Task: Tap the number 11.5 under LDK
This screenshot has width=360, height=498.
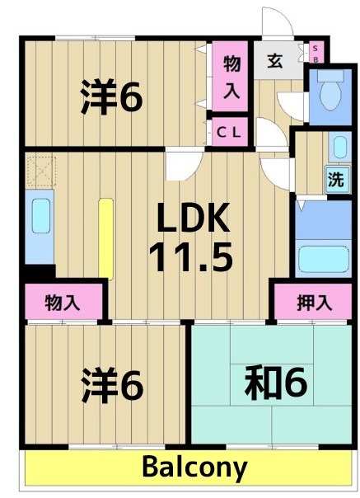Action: pyautogui.click(x=191, y=257)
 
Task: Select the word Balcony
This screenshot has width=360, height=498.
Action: pyautogui.click(x=194, y=467)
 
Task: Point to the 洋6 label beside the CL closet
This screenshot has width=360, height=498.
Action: pyautogui.click(x=112, y=97)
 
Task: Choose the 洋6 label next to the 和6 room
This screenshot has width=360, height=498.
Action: pyautogui.click(x=112, y=384)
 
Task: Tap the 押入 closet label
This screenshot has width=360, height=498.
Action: pyautogui.click(x=313, y=303)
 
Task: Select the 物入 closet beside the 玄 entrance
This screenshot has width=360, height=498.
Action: pyautogui.click(x=231, y=78)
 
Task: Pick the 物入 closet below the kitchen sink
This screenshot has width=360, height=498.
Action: pyautogui.click(x=63, y=303)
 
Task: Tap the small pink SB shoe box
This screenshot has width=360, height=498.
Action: pyautogui.click(x=315, y=54)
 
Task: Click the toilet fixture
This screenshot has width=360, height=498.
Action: pyautogui.click(x=331, y=92)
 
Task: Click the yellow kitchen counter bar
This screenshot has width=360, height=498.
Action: pyautogui.click(x=105, y=237)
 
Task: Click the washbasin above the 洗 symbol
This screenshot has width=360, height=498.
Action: pyautogui.click(x=339, y=146)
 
